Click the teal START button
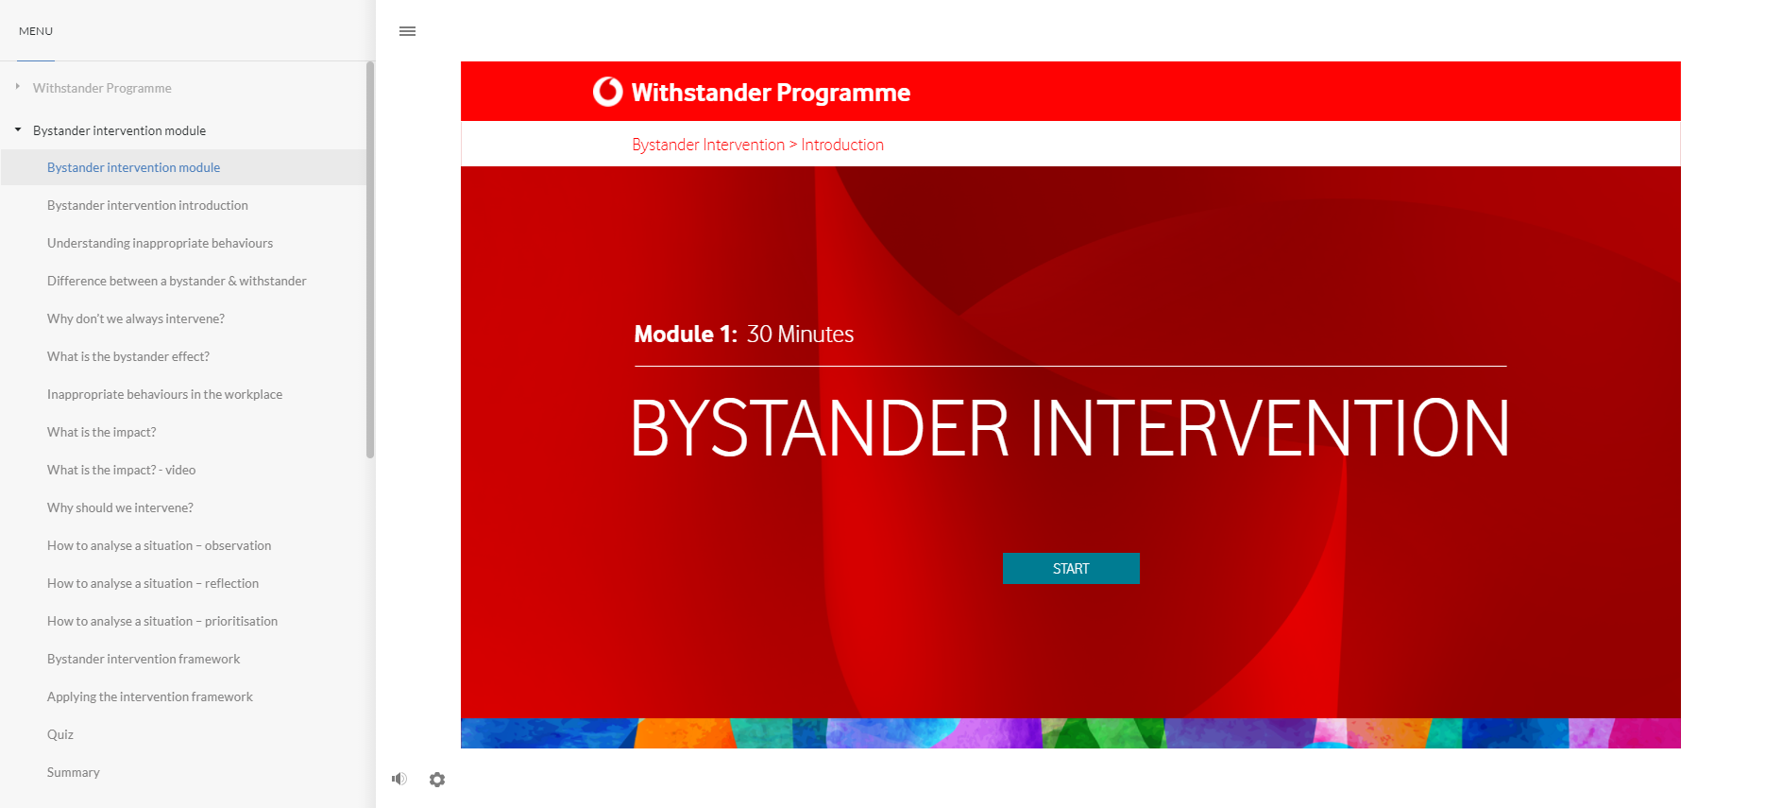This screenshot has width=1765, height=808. pyautogui.click(x=1071, y=568)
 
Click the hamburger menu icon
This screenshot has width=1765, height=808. pyautogui.click(x=407, y=31)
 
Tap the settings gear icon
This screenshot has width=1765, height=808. pyautogui.click(x=437, y=780)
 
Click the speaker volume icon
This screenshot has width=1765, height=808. pyautogui.click(x=399, y=779)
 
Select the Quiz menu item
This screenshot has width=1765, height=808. pyautogui.click(x=60, y=734)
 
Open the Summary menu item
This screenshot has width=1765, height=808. pyautogui.click(x=74, y=772)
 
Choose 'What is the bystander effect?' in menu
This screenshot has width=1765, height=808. pyautogui.click(x=128, y=356)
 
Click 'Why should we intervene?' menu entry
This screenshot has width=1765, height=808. pyautogui.click(x=120, y=507)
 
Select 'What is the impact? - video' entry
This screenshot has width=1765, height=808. pyautogui.click(x=122, y=470)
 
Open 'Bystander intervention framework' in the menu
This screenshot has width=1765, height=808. pyautogui.click(x=144, y=659)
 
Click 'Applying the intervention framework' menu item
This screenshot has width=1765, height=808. pyautogui.click(x=150, y=696)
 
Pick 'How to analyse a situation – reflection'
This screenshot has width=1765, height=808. pyautogui.click(x=153, y=583)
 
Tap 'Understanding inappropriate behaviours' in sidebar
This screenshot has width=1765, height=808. pyautogui.click(x=160, y=243)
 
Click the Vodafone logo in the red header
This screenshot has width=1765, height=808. pyautogui.click(x=608, y=92)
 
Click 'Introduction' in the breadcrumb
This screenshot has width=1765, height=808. pyautogui.click(x=842, y=145)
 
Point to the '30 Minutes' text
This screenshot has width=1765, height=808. pyautogui.click(x=800, y=334)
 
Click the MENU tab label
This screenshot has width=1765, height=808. pyautogui.click(x=36, y=31)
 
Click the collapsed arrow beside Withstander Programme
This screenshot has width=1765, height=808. pyautogui.click(x=17, y=87)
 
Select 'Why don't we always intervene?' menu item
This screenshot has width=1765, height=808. pyautogui.click(x=136, y=318)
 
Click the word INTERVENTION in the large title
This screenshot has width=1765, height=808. pyautogui.click(x=1269, y=428)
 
